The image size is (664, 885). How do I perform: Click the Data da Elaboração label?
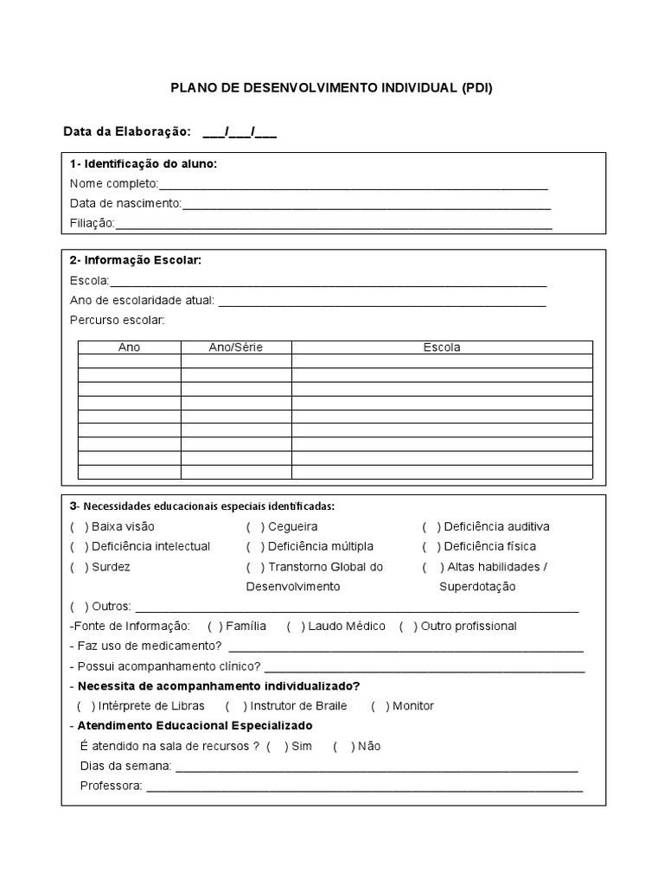126,132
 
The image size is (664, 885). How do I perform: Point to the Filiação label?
92,224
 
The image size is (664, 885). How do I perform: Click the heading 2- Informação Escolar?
136,260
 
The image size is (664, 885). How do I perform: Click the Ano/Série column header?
236,347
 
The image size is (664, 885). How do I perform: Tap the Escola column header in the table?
442,347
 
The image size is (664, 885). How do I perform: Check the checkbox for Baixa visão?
80,526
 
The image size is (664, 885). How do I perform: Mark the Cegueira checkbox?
255,526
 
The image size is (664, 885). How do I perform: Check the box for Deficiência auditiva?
431,526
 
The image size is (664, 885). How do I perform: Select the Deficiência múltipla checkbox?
255,546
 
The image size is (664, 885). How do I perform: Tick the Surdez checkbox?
80,567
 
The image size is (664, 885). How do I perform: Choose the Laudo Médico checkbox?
296,626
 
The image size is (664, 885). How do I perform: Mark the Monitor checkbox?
380,705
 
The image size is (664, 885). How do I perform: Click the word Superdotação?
477,587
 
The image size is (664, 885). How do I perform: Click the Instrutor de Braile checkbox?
234,705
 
